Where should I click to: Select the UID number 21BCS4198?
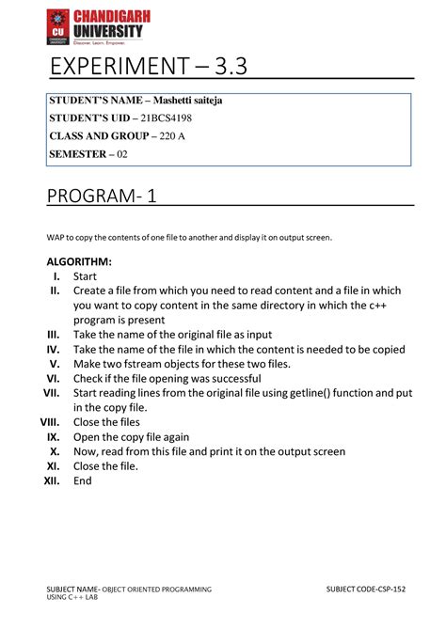tap(171, 119)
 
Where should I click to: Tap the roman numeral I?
tap(56, 276)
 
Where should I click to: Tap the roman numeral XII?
tap(52, 480)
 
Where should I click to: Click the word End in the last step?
tap(83, 480)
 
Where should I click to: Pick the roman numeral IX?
tap(54, 437)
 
